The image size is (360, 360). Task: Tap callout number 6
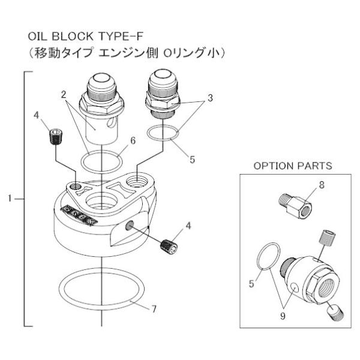point(133,140)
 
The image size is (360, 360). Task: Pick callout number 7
point(154,310)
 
